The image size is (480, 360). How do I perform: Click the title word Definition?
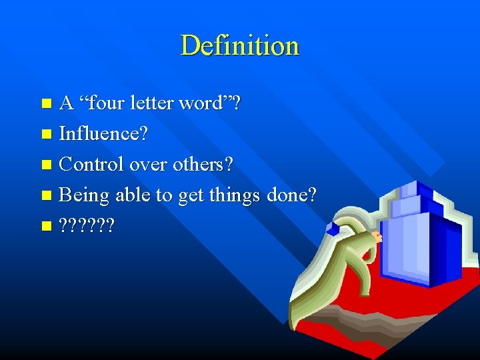coord(240,46)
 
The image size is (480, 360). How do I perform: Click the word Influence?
coord(104,134)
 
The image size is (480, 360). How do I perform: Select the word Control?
coord(91,164)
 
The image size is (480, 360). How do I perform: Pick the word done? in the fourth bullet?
coord(292,195)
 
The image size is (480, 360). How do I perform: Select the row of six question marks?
coord(87,226)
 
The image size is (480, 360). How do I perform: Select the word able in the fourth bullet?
coord(131,195)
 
